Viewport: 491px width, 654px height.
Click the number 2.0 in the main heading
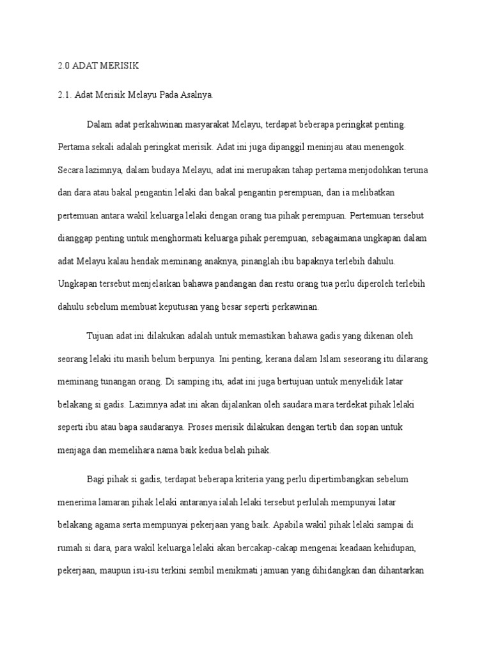coord(63,66)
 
